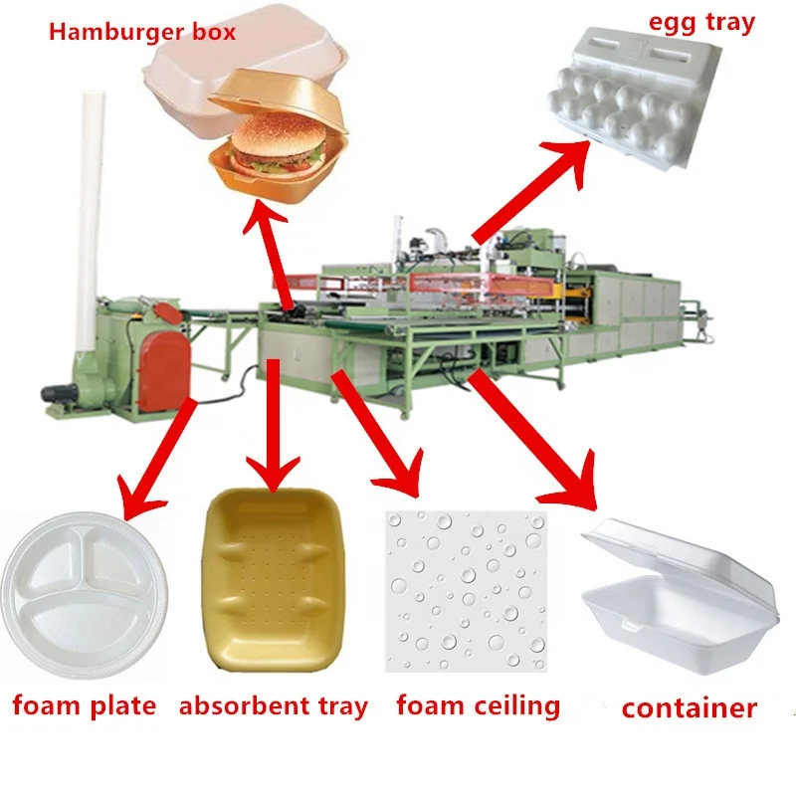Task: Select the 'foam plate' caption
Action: [x=85, y=706]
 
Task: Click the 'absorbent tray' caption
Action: [x=274, y=707]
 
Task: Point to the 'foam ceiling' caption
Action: [x=478, y=706]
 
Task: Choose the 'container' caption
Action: [x=689, y=708]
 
